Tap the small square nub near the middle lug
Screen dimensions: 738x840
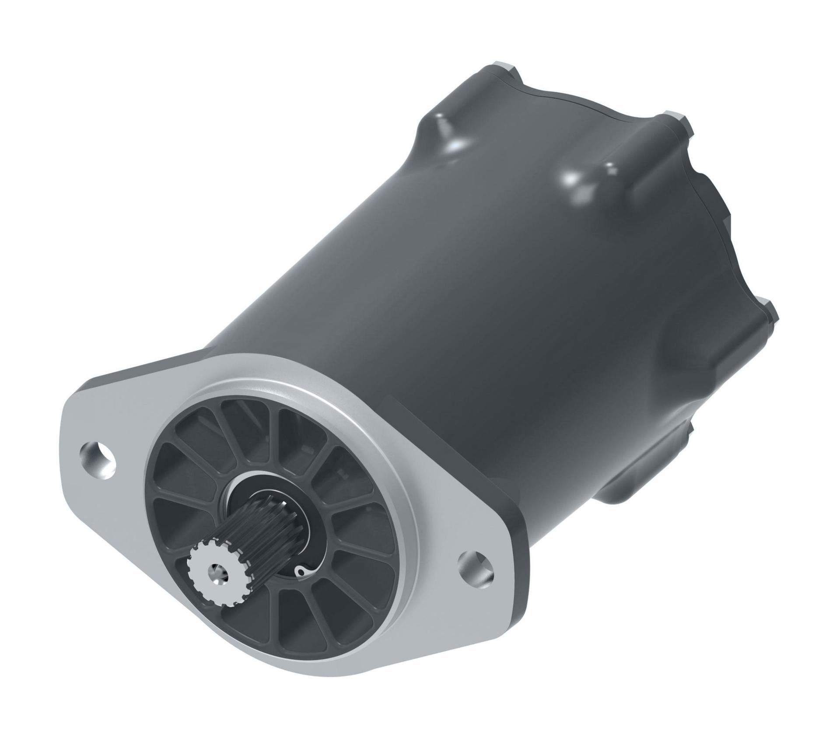pyautogui.click(x=609, y=166)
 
